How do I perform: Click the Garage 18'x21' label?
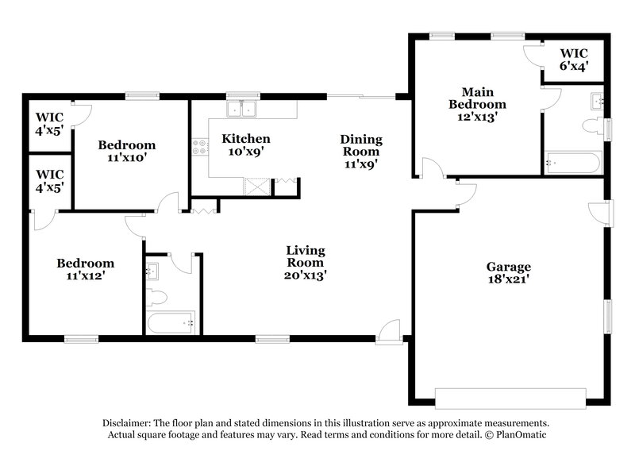509,273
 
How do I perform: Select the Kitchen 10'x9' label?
245,144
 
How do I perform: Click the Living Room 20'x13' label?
306,263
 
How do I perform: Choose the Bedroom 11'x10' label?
126,151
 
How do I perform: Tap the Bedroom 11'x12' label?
84,269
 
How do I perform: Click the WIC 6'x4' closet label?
576,61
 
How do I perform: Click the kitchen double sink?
243,110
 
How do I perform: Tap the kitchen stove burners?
199,146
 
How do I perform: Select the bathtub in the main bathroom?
571,164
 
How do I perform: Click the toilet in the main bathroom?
592,126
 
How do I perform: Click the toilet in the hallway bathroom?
156,297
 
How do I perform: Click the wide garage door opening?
510,397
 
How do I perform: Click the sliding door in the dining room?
361,97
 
